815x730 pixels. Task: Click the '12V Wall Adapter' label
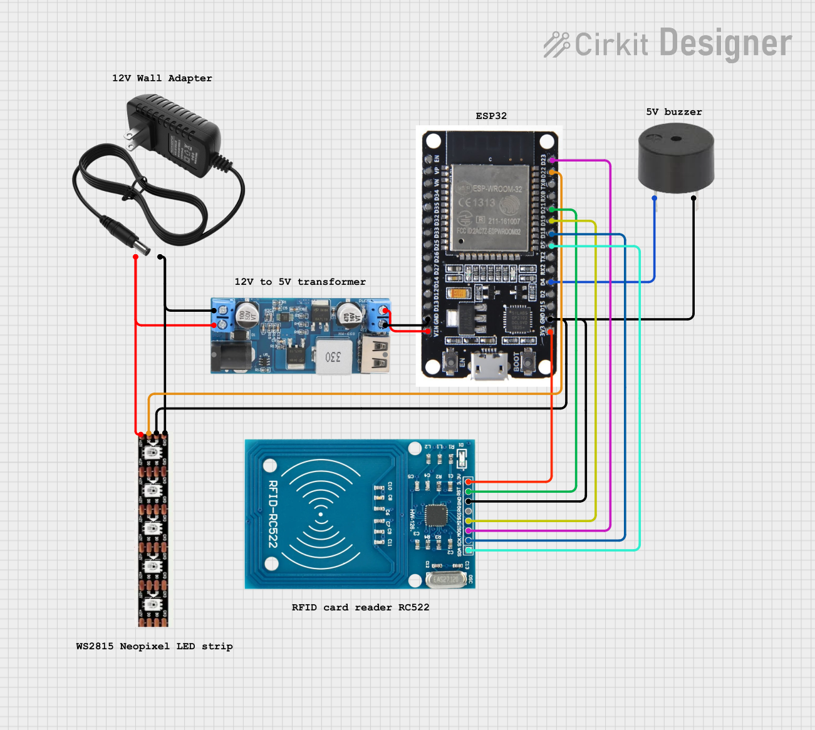tap(162, 78)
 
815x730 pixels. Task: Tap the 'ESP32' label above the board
tap(491, 116)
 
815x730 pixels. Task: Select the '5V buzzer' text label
tap(673, 112)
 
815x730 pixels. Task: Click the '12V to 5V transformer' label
tap(299, 282)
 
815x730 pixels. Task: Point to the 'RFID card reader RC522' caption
tap(360, 607)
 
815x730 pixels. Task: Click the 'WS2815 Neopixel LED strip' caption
tap(154, 646)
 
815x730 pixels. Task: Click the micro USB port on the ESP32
tap(491, 368)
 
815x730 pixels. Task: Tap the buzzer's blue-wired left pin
tap(655, 198)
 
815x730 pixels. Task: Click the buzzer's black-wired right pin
tap(693, 198)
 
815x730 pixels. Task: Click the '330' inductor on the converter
tap(333, 357)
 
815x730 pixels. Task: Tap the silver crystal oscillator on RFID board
tap(446, 579)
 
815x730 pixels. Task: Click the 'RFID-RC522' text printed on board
tap(273, 514)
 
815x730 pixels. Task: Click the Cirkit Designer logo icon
tap(556, 44)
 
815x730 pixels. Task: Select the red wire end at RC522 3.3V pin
tap(469, 481)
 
